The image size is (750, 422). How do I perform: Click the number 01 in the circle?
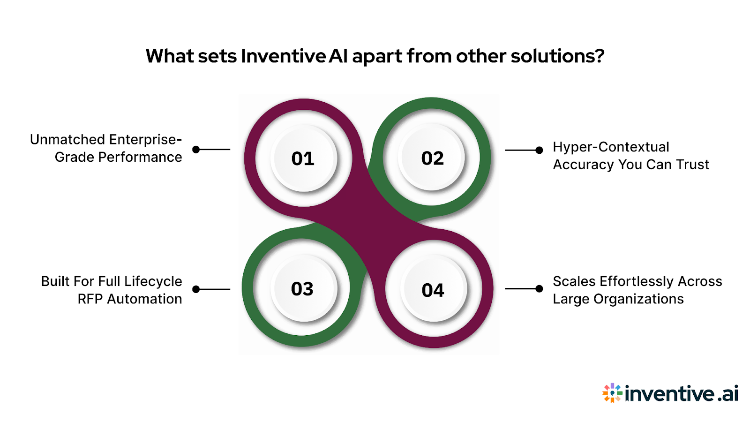pyautogui.click(x=303, y=158)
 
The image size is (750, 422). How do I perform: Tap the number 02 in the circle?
pyautogui.click(x=432, y=158)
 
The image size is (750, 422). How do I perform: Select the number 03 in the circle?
pyautogui.click(x=302, y=289)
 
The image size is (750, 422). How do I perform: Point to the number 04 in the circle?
pyautogui.click(x=433, y=290)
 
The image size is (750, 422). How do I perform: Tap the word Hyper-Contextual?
pyautogui.click(x=611, y=147)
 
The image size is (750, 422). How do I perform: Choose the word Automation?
pyautogui.click(x=144, y=299)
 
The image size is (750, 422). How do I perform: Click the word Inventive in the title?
pyautogui.click(x=283, y=56)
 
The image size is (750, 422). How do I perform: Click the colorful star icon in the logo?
pyautogui.click(x=612, y=393)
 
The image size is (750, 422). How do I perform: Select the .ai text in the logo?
pyautogui.click(x=728, y=393)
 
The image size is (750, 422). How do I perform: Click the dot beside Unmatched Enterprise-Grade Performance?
pyautogui.click(x=196, y=150)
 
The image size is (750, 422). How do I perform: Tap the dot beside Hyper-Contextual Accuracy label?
pyautogui.click(x=539, y=150)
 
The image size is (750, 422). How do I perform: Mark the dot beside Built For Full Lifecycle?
pyautogui.click(x=196, y=289)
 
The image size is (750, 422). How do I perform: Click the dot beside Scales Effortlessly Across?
pyautogui.click(x=539, y=289)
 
